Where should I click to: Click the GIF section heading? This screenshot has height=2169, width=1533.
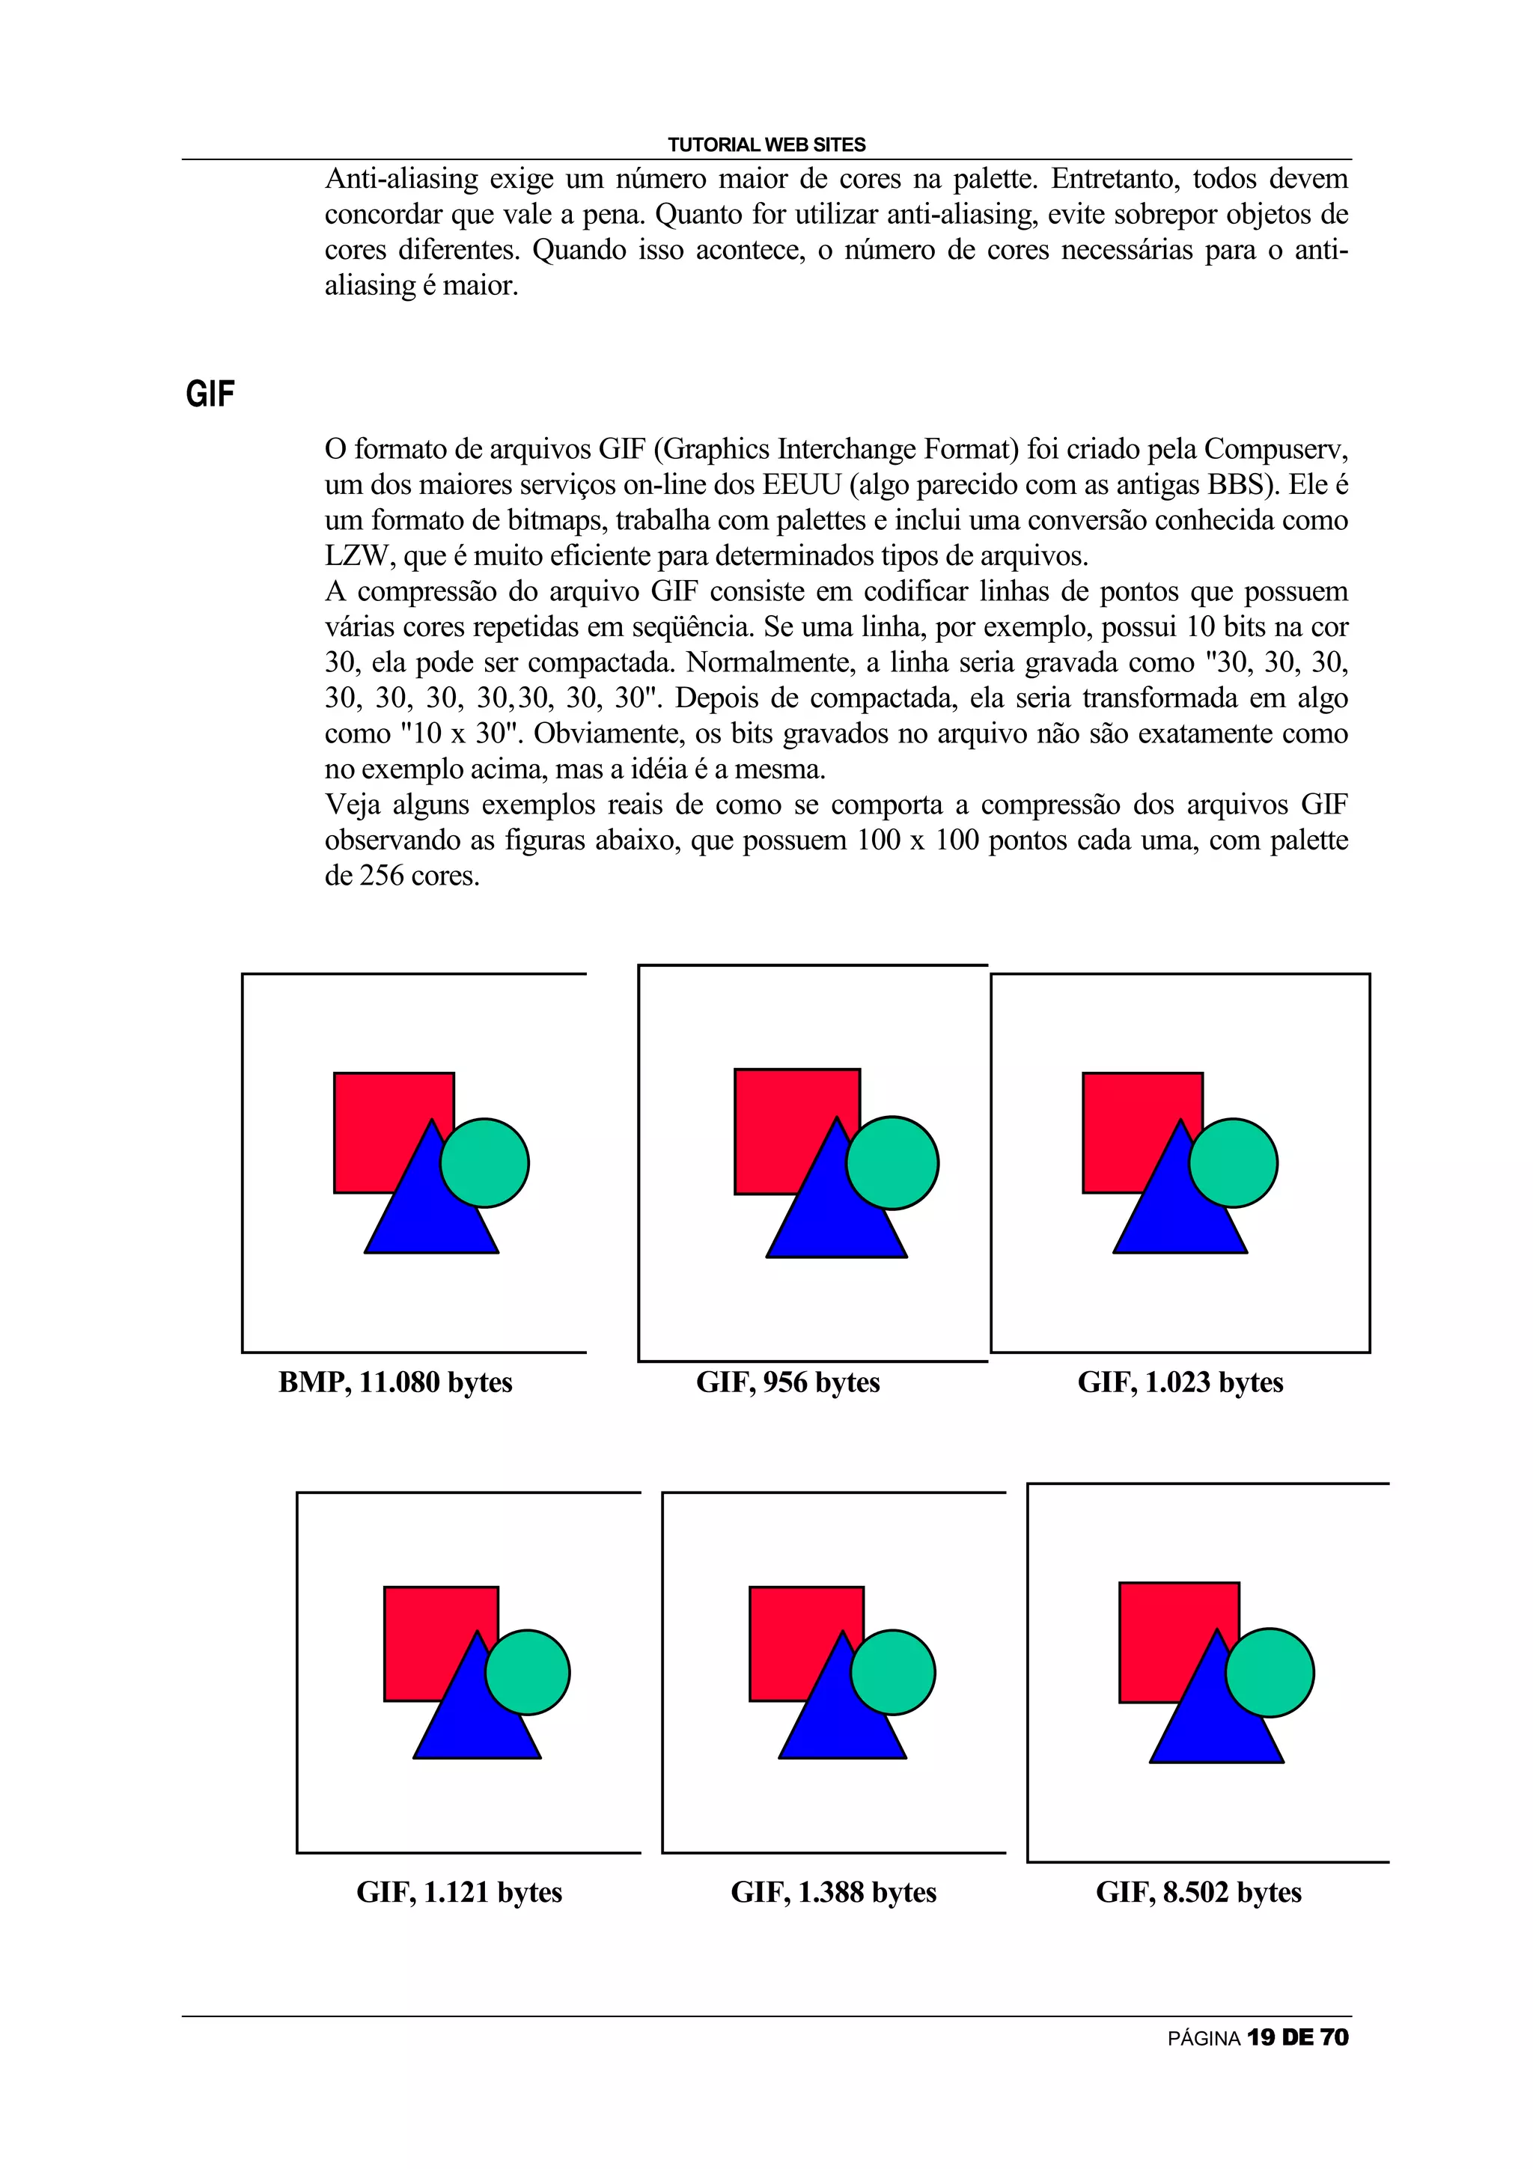click(x=210, y=394)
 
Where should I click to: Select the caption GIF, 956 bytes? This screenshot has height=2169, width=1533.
click(x=787, y=1382)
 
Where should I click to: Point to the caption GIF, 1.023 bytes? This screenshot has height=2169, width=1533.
click(x=1180, y=1382)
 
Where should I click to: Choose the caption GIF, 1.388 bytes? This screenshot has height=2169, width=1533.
click(x=833, y=1892)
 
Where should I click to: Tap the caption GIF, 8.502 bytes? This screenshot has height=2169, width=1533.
click(x=1198, y=1892)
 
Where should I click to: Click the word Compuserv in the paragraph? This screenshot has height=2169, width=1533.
click(x=1276, y=449)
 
